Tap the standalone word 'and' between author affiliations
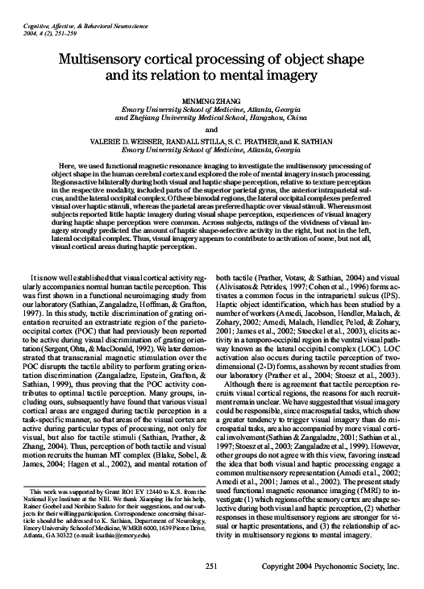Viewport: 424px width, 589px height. [x=212, y=129]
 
